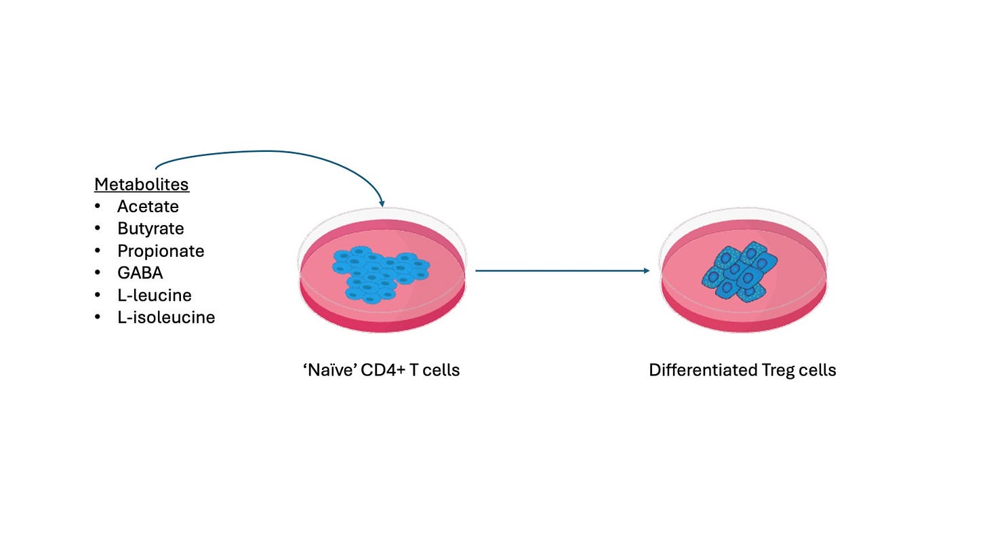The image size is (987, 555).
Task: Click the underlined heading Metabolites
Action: coord(141,184)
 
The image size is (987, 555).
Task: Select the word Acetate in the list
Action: coord(148,207)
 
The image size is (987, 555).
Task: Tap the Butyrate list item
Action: coord(150,229)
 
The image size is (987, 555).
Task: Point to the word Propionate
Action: coord(161,251)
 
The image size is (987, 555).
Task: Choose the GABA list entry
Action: coord(140,273)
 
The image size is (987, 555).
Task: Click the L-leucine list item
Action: coord(154,295)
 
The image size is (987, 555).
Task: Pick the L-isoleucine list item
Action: coord(166,318)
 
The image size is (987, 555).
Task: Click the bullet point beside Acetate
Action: coord(98,207)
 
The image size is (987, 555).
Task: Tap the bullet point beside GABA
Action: coord(98,273)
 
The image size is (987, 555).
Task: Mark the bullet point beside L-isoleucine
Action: coord(98,318)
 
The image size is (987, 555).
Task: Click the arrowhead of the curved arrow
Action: coord(382,203)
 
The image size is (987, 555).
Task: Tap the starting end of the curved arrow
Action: coord(157,167)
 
